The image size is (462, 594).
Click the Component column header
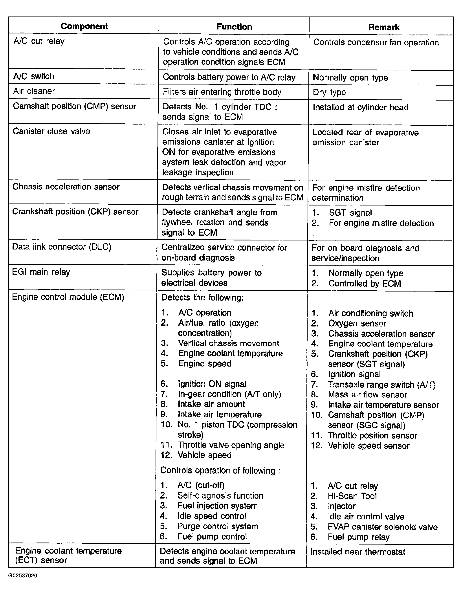tap(84, 26)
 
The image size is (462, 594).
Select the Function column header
tap(234, 27)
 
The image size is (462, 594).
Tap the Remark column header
tap(384, 27)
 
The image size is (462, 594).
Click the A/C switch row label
tap(34, 76)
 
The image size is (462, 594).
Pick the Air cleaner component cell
tap(34, 91)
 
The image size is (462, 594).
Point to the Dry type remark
tap(329, 92)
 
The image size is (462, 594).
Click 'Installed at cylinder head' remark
tap(361, 107)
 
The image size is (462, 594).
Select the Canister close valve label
tap(51, 131)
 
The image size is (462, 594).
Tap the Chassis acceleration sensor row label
tap(66, 187)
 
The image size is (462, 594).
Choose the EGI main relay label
tap(41, 272)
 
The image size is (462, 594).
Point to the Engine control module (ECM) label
tap(68, 297)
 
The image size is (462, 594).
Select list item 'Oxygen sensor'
tap(357, 323)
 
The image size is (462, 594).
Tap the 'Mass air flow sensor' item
tap(367, 395)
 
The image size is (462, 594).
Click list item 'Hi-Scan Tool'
tap(352, 496)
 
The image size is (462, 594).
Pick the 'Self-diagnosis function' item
tap(220, 495)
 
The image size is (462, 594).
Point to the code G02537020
tap(23, 576)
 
